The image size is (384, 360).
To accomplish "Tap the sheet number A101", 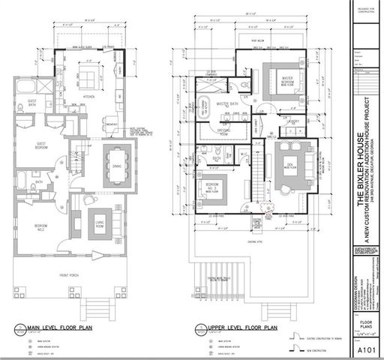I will point(367,349).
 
